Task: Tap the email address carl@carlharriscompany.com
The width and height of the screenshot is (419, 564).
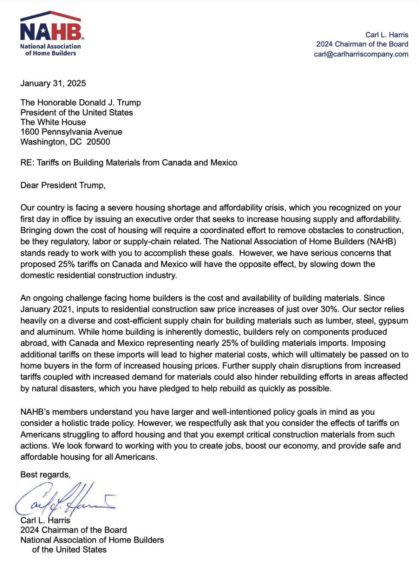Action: pyautogui.click(x=361, y=54)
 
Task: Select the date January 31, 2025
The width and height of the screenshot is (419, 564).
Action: pyautogui.click(x=53, y=83)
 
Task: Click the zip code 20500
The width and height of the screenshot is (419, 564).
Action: pyautogui.click(x=98, y=142)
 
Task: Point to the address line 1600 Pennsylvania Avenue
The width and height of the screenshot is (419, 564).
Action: pyautogui.click(x=71, y=132)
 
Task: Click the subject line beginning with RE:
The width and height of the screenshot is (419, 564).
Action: pyautogui.click(x=128, y=163)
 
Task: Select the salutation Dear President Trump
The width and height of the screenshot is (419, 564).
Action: pyautogui.click(x=63, y=185)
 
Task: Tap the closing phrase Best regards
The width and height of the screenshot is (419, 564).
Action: pyautogui.click(x=45, y=475)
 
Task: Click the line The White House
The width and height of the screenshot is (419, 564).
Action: pyautogui.click(x=53, y=122)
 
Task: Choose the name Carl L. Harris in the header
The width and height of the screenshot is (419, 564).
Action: pyautogui.click(x=387, y=35)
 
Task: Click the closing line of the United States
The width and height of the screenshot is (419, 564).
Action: pyautogui.click(x=69, y=550)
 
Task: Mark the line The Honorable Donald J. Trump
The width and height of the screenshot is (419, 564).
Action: pyautogui.click(x=81, y=103)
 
